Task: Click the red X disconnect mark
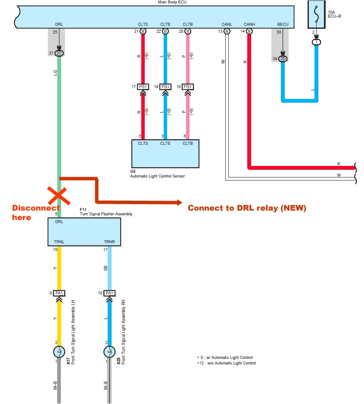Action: click(x=59, y=196)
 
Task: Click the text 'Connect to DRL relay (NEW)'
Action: click(x=247, y=208)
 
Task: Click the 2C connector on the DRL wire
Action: click(x=59, y=53)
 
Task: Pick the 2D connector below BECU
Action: click(x=283, y=58)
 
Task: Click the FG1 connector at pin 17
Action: click(x=143, y=87)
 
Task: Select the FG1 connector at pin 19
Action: click(x=165, y=87)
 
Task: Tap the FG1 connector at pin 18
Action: click(x=188, y=87)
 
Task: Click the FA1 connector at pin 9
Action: click(x=59, y=293)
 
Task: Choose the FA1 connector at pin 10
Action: click(x=109, y=293)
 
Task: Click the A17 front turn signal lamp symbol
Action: click(x=59, y=352)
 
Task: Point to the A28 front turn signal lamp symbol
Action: click(x=109, y=352)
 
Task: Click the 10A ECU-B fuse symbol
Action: click(x=317, y=15)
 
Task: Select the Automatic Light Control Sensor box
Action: click(x=165, y=154)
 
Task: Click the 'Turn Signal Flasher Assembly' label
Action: click(x=106, y=214)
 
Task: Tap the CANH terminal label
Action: click(x=249, y=24)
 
